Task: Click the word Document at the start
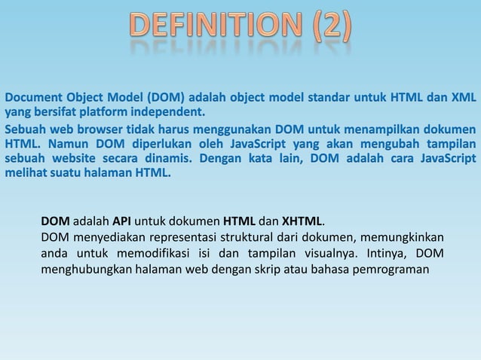click(x=35, y=99)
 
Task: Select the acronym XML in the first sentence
click(x=461, y=99)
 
